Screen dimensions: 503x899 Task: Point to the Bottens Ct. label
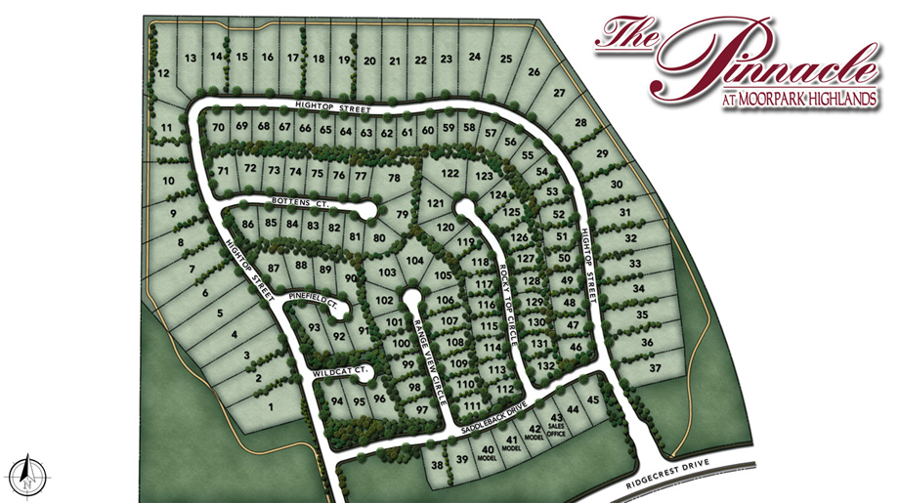point(297,202)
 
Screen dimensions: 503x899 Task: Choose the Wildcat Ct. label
point(339,372)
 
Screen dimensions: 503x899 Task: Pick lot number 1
point(270,405)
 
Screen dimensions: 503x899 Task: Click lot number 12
point(164,73)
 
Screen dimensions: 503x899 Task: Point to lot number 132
point(546,364)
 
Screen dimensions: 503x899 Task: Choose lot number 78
point(394,178)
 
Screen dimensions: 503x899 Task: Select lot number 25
point(505,59)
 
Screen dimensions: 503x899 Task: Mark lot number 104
point(415,261)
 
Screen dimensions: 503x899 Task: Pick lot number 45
point(592,398)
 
